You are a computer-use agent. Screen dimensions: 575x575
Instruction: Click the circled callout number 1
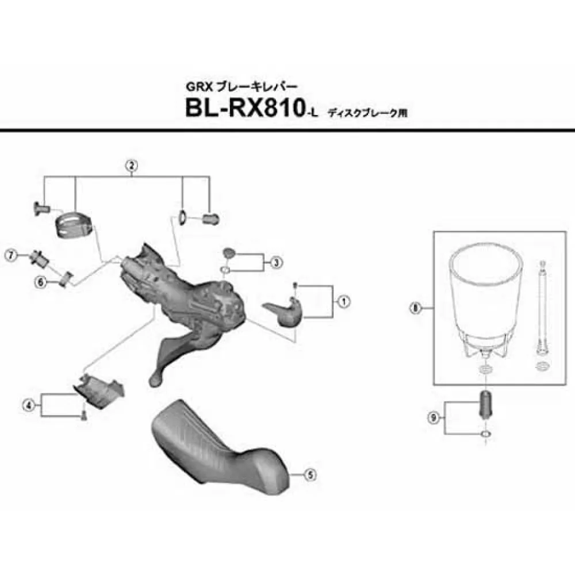(x=344, y=301)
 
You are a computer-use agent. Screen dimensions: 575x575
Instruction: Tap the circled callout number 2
(x=132, y=166)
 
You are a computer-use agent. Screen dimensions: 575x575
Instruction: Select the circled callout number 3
(x=277, y=262)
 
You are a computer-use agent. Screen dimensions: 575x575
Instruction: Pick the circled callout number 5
(x=310, y=476)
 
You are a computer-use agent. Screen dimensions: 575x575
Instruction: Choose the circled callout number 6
(x=40, y=282)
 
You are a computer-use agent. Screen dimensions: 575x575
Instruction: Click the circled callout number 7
(x=11, y=255)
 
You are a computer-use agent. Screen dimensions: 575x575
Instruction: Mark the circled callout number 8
(x=415, y=308)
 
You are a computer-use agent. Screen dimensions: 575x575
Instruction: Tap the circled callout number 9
(x=434, y=417)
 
